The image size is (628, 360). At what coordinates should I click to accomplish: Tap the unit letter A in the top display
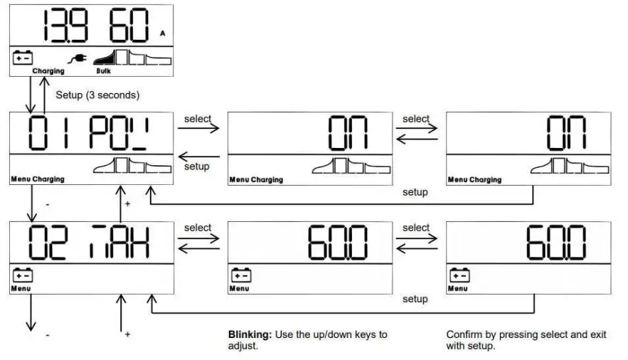point(163,33)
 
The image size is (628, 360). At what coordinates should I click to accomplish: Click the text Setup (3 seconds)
point(97,95)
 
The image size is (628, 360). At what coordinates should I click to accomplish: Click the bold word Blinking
point(248,334)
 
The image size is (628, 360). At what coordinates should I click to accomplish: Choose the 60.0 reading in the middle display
point(338,243)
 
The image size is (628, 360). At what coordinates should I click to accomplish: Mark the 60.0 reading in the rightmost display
point(555,243)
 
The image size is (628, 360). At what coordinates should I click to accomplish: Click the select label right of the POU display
point(198,119)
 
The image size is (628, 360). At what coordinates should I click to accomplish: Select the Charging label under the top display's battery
point(48,71)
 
